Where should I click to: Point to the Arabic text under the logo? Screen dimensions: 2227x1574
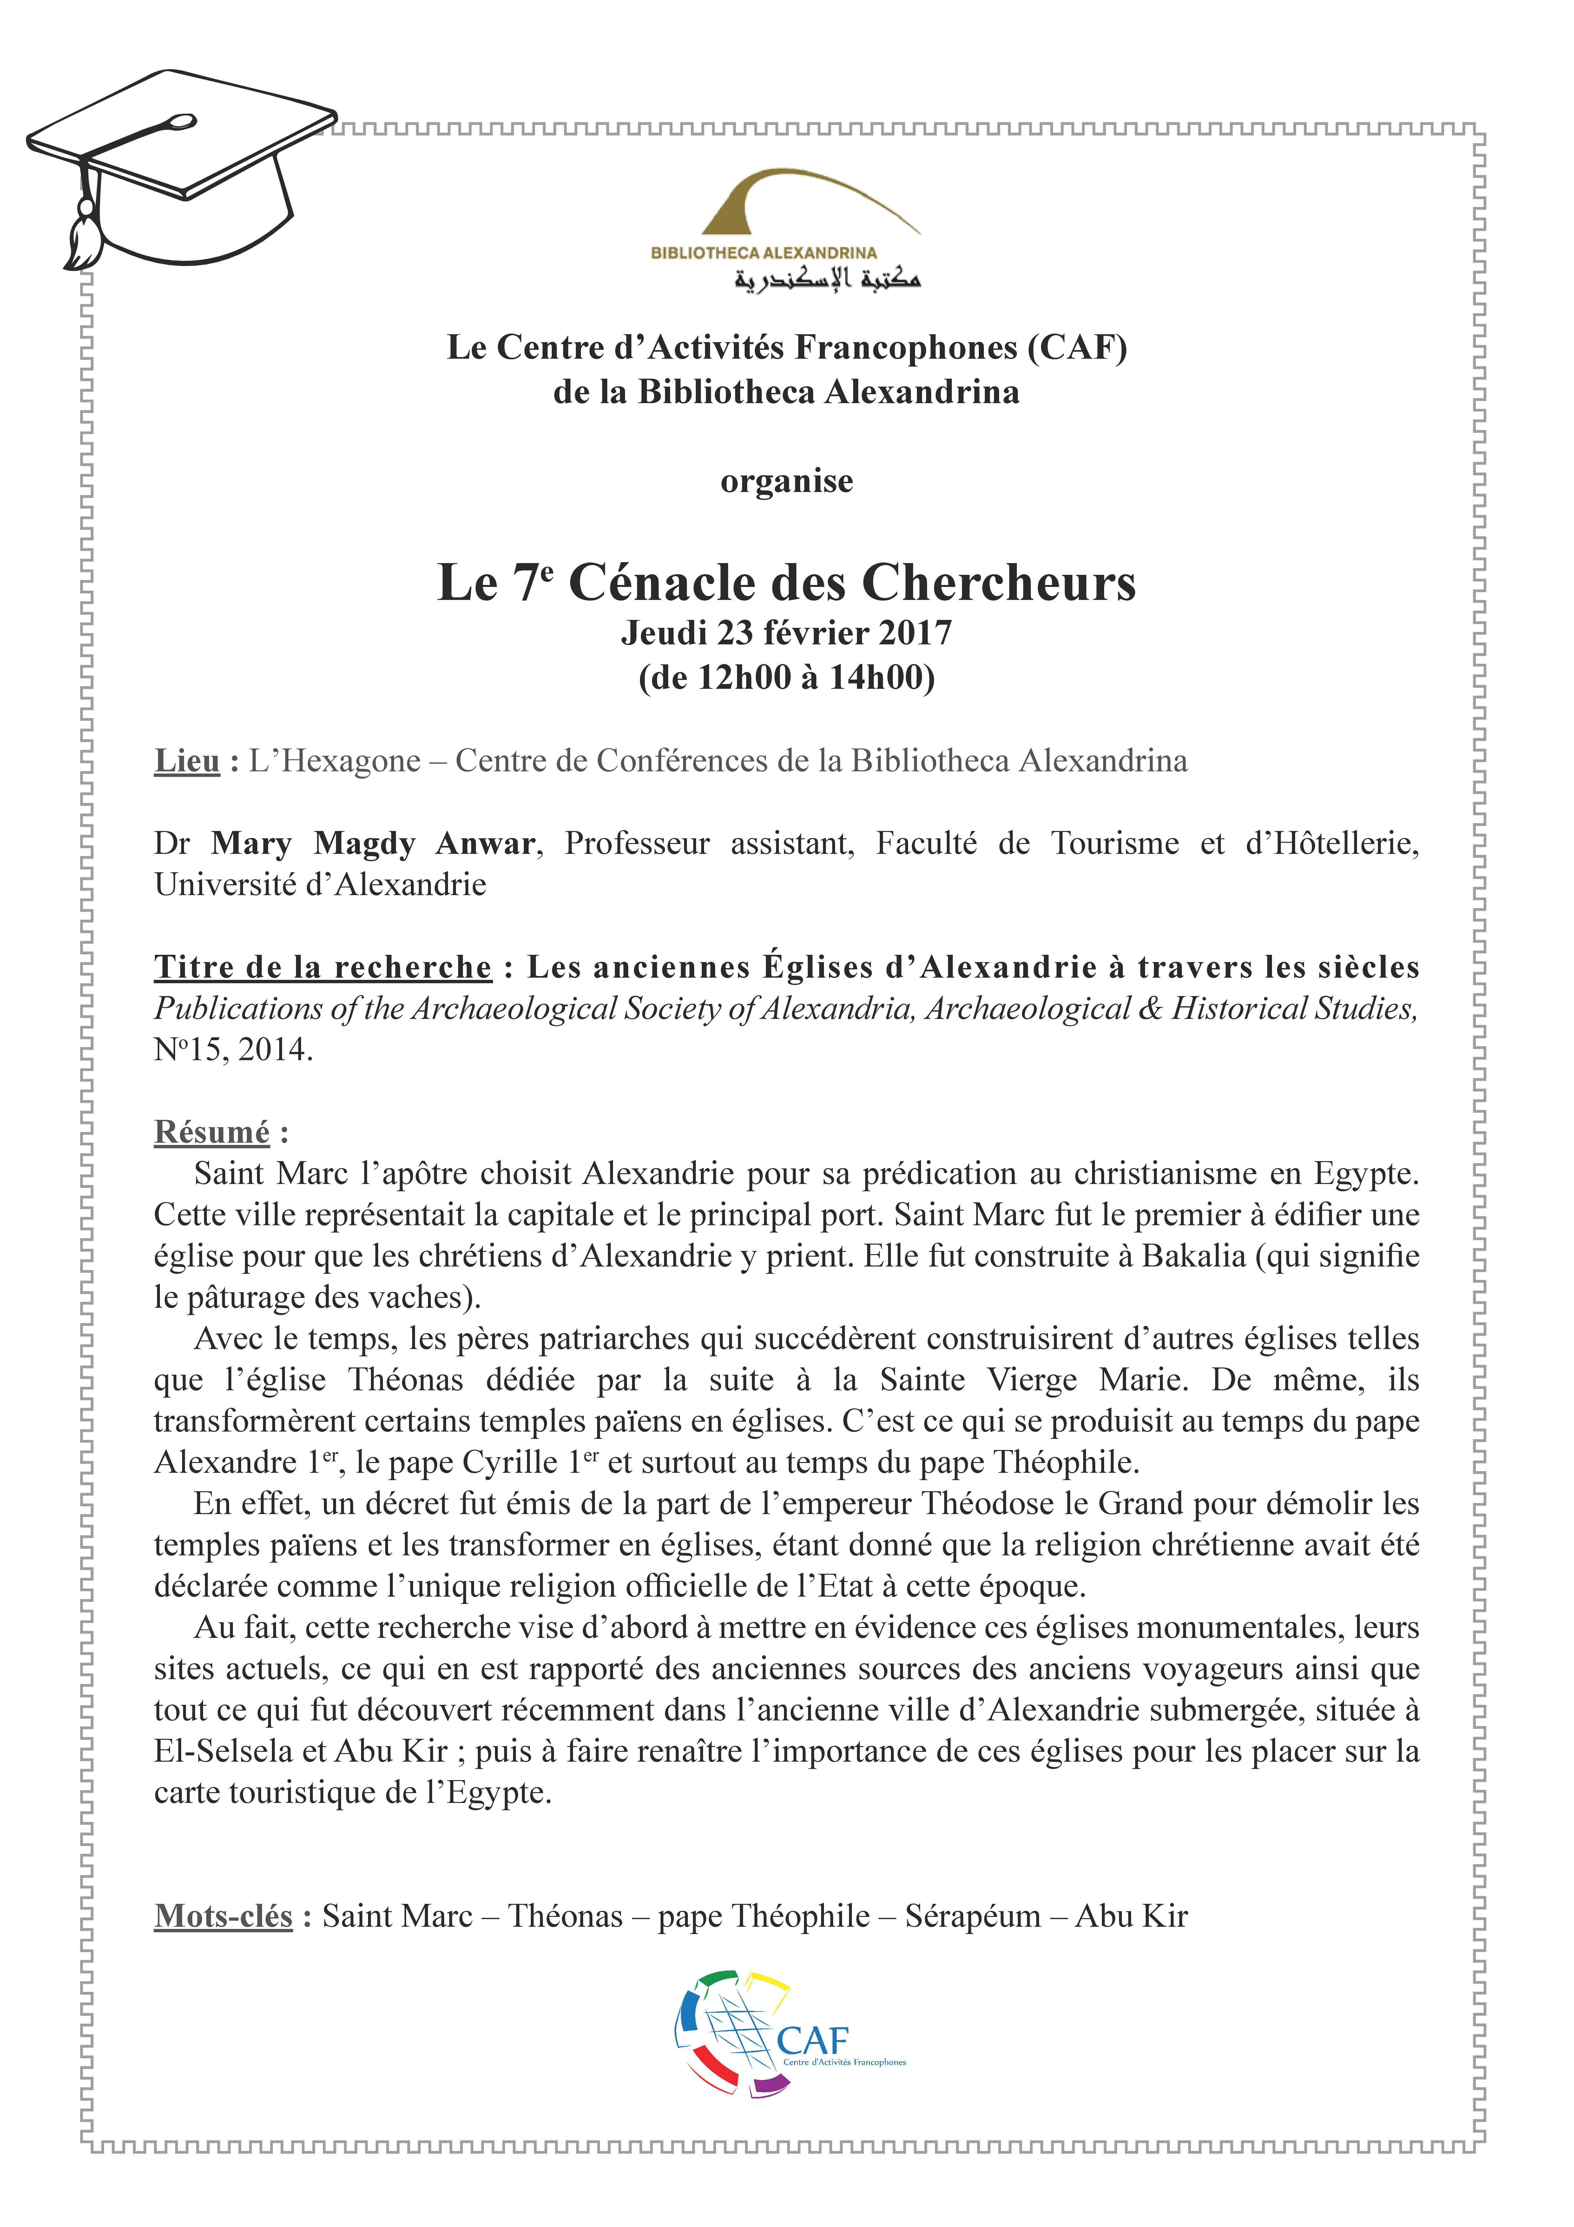click(x=826, y=280)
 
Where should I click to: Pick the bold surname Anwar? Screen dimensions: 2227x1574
click(x=485, y=844)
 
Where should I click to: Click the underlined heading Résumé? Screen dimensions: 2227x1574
click(x=211, y=1132)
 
